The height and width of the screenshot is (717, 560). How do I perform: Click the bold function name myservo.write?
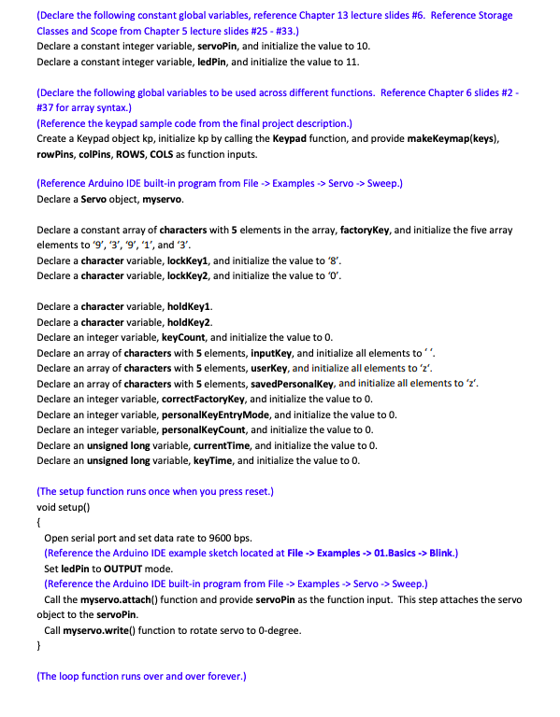click(108, 630)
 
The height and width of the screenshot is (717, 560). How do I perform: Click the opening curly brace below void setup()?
click(38, 522)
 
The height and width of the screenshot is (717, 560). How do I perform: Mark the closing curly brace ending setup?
click(38, 645)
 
